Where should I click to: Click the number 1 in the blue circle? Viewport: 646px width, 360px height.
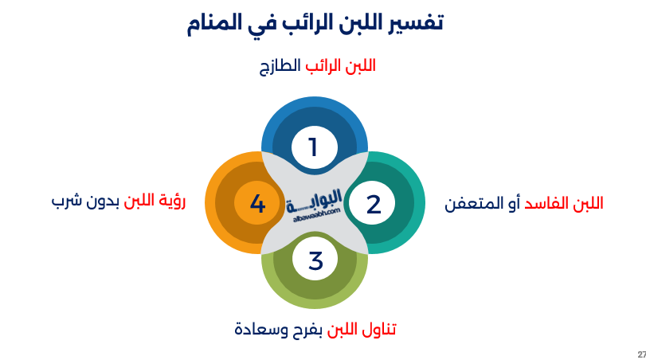313,147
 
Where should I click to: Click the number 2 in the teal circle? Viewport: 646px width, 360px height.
373,204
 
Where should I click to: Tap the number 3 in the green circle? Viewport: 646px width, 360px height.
315,260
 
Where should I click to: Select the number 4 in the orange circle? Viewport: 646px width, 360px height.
257,204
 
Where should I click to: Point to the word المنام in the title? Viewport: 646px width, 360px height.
217,22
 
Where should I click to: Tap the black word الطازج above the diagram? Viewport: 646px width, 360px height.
278,66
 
